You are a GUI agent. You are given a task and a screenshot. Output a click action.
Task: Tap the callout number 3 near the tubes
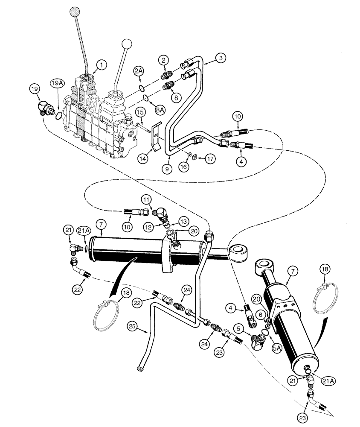(221, 59)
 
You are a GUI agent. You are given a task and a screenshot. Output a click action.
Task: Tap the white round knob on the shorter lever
(127, 44)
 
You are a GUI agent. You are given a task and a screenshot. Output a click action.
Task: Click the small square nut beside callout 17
(194, 156)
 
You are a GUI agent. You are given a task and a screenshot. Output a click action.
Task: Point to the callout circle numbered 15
(140, 111)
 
